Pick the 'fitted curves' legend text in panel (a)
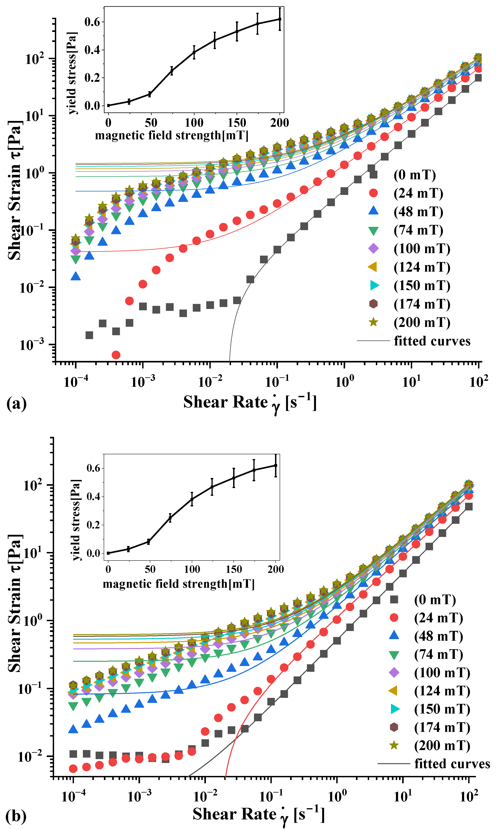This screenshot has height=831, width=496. pyautogui.click(x=432, y=341)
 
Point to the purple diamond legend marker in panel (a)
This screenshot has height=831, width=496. pyautogui.click(x=373, y=248)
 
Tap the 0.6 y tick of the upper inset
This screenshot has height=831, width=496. pyautogui.click(x=92, y=22)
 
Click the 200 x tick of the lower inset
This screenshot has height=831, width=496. pyautogui.click(x=275, y=569)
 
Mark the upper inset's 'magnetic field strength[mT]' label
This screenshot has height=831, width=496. pyautogui.click(x=172, y=135)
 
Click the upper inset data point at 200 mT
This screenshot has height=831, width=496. pyautogui.click(x=280, y=19)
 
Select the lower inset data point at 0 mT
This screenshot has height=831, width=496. pyautogui.click(x=108, y=553)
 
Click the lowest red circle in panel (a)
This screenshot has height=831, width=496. pyautogui.click(x=116, y=355)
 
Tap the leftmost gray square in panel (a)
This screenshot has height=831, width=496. pyautogui.click(x=89, y=335)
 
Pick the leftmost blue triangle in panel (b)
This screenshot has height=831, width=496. pyautogui.click(x=73, y=729)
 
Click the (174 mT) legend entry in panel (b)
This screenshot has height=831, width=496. pyautogui.click(x=442, y=727)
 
